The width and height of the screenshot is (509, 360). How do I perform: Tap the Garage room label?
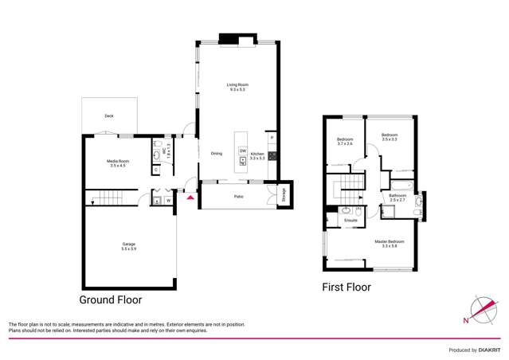(129, 245)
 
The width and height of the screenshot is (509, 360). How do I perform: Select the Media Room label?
(119, 163)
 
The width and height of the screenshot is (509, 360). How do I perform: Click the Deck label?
(109, 116)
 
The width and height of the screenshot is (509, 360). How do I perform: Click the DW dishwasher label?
(242, 151)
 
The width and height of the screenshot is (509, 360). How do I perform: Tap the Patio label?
(238, 195)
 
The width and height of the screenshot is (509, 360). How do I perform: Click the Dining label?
(217, 154)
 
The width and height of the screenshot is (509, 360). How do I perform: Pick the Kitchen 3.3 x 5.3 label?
(258, 156)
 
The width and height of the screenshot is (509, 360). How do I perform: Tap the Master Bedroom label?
(390, 243)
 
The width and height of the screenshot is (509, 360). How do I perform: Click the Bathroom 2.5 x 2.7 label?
(397, 197)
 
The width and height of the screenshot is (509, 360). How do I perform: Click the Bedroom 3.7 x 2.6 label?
(344, 142)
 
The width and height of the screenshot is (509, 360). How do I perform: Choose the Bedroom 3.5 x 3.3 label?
(389, 137)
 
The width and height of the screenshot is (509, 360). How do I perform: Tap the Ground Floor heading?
(110, 300)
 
